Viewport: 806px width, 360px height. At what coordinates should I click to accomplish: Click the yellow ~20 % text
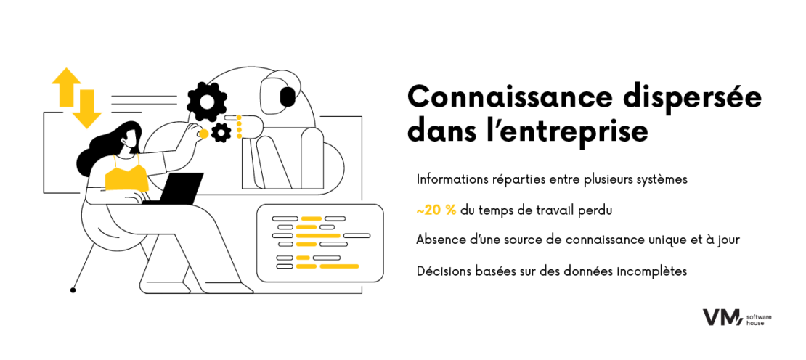(x=436, y=210)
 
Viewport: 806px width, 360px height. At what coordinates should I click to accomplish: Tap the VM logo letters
(x=721, y=317)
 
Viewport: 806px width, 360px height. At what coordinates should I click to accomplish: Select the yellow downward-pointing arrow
(x=87, y=109)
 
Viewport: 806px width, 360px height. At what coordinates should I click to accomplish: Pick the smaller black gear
(x=221, y=132)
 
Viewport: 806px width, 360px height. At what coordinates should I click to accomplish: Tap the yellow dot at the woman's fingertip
(x=204, y=134)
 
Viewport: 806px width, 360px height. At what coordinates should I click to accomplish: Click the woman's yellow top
(x=126, y=178)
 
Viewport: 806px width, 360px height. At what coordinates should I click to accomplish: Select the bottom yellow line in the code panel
(x=338, y=266)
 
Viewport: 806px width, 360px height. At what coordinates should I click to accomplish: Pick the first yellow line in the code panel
(x=312, y=218)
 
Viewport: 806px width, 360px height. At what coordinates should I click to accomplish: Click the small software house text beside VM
(x=759, y=318)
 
